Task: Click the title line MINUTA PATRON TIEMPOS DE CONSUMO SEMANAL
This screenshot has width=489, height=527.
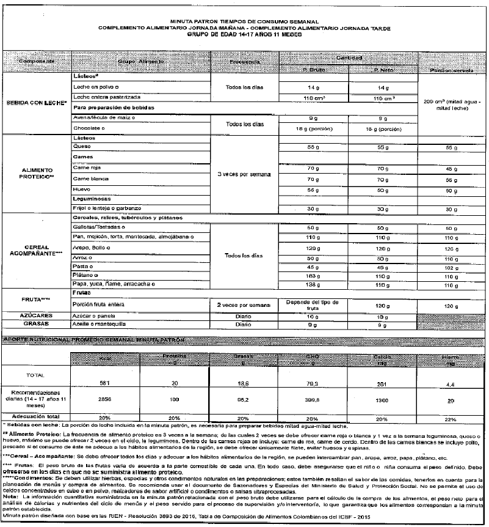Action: pyautogui.click(x=245, y=20)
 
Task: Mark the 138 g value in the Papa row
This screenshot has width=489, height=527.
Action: pyautogui.click(x=314, y=286)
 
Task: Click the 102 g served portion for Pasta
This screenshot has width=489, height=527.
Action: pyautogui.click(x=452, y=267)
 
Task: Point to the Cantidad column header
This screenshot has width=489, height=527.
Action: pyautogui.click(x=349, y=57)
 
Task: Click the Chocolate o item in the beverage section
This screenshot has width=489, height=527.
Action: pyautogui.click(x=88, y=130)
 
